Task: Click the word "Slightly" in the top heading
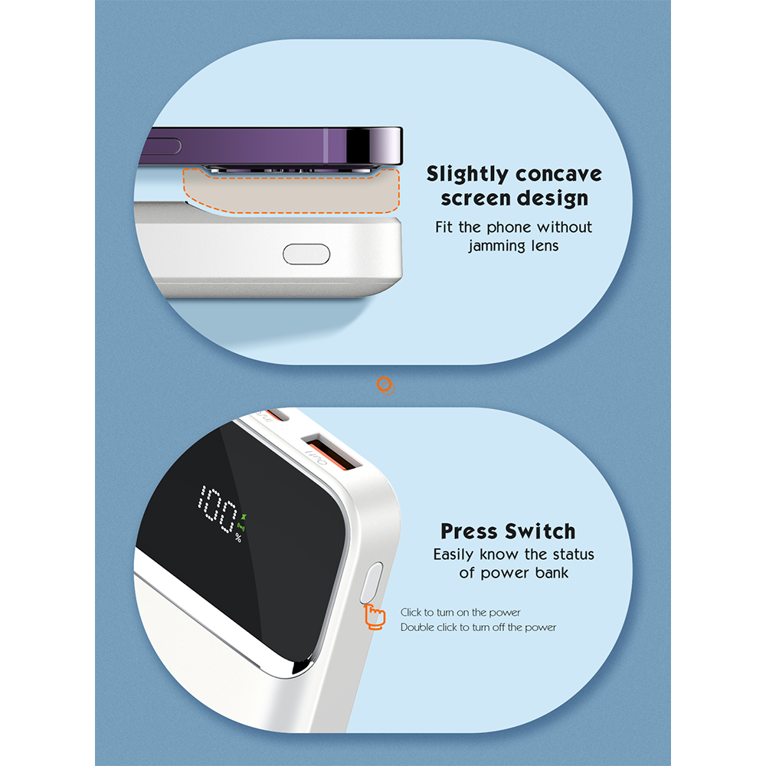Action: coord(467,175)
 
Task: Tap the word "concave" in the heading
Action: coord(558,175)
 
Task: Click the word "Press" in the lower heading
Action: coord(470,531)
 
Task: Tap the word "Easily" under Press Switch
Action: coord(453,555)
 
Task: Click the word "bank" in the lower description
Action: coord(552,572)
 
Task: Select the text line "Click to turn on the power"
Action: coord(460,613)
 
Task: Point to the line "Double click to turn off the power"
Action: coord(478,627)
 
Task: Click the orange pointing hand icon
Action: coord(375,617)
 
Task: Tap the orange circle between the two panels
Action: coord(385,385)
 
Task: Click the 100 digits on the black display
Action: coord(217,508)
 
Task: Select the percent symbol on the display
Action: coord(238,538)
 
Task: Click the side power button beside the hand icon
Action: coord(372,583)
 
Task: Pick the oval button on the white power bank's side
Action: coord(306,254)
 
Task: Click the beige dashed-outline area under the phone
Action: coord(292,192)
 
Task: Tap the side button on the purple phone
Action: coord(162,146)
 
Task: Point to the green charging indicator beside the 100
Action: coord(241,522)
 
